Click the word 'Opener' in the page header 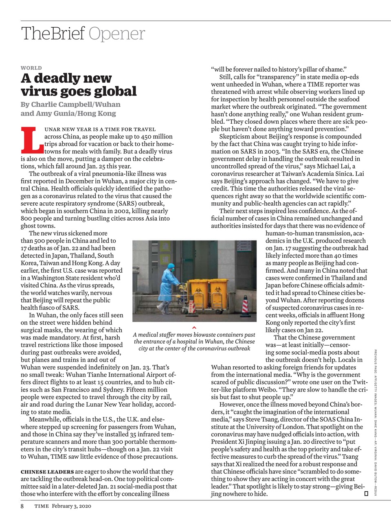116,34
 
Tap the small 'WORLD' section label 31,68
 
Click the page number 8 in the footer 22,506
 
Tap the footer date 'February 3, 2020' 72,506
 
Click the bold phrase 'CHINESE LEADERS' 47,472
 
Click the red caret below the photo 194,327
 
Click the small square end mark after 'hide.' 366,494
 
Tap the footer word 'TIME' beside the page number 41,506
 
